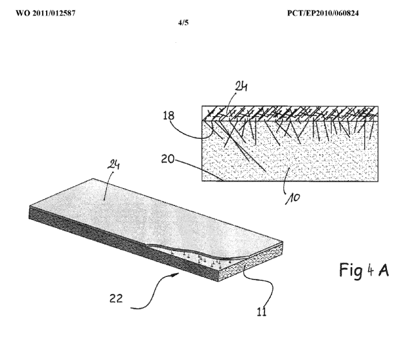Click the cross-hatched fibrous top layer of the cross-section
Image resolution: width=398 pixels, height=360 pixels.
tap(292, 114)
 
